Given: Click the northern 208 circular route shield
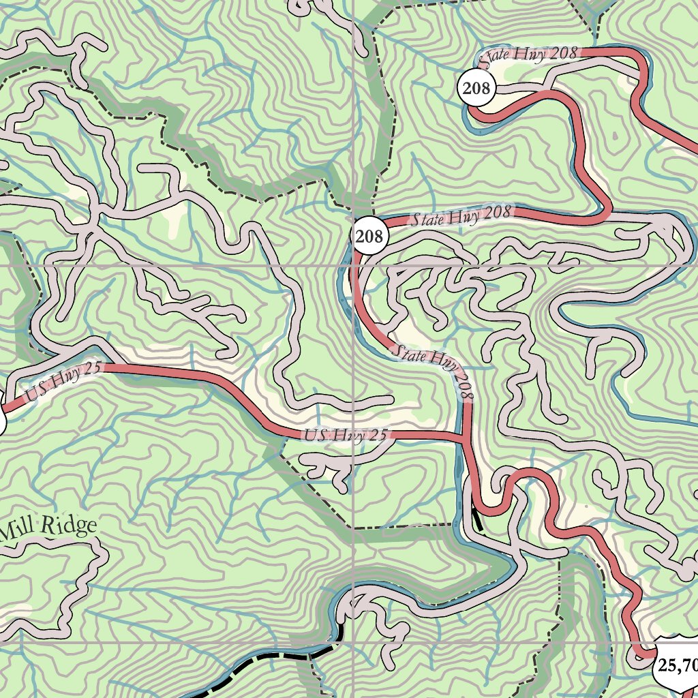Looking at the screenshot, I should click(x=476, y=88).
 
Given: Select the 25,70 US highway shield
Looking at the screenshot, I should click(x=675, y=665).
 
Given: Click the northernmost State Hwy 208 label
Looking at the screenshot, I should click(x=529, y=55).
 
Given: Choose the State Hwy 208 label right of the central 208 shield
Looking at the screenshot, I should click(x=461, y=216).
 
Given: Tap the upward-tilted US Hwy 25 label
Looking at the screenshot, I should click(x=63, y=382).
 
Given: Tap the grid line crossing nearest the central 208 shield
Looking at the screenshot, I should click(x=354, y=264).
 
